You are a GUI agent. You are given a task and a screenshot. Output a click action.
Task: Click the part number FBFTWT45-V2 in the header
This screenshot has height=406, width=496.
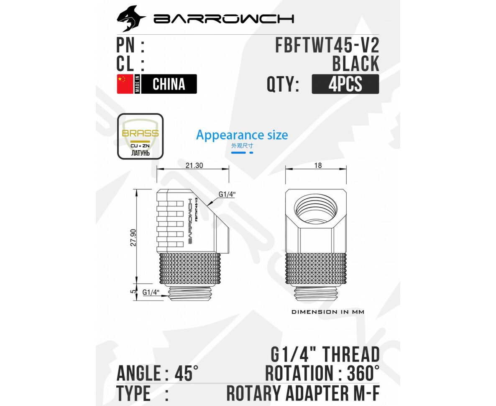point(327,45)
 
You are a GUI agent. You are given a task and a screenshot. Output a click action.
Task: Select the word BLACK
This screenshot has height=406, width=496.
point(355,64)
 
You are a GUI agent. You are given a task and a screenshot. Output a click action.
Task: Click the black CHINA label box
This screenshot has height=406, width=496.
point(169,84)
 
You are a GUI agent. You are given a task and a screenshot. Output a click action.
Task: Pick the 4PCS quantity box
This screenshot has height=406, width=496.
point(345,84)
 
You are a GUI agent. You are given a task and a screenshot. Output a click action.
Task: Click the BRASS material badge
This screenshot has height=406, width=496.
point(140,136)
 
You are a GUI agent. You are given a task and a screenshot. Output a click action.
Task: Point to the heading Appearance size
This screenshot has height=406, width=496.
point(242,135)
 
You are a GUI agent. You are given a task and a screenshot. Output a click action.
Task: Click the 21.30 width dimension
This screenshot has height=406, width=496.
point(194,165)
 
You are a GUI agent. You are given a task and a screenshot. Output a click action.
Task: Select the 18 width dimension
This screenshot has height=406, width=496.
point(318,165)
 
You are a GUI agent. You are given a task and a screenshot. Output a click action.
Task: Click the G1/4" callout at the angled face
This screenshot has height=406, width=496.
point(227,195)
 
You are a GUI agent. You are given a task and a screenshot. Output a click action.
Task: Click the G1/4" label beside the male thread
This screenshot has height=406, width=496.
point(151,293)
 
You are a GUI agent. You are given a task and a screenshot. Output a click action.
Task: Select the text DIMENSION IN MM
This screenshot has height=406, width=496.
point(327,312)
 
